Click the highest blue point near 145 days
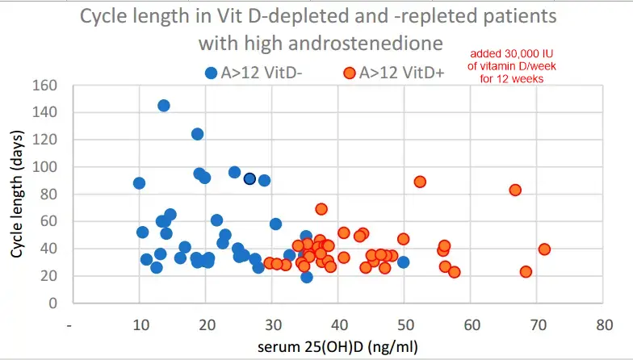pyautogui.click(x=164, y=106)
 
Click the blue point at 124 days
pyautogui.click(x=197, y=134)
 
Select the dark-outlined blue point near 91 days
pyautogui.click(x=249, y=178)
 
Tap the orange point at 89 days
pyautogui.click(x=420, y=182)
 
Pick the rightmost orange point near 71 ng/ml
pyautogui.click(x=544, y=249)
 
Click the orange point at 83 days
pyautogui.click(x=515, y=190)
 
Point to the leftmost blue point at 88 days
pyautogui.click(x=139, y=183)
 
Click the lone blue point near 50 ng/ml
pyautogui.click(x=403, y=262)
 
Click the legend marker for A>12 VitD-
pyautogui.click(x=212, y=73)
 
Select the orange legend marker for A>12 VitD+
pyautogui.click(x=349, y=73)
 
